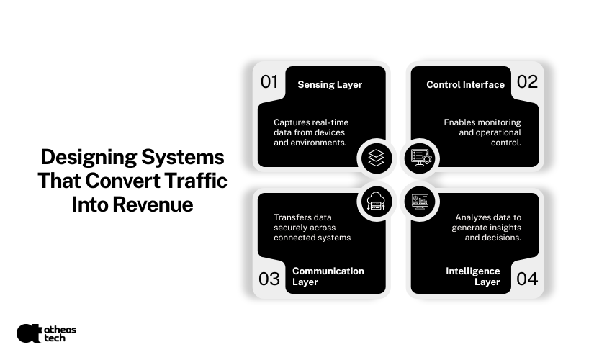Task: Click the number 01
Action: (x=269, y=82)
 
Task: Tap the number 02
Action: (x=527, y=82)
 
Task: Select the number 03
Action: (x=269, y=279)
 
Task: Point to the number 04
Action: (x=527, y=279)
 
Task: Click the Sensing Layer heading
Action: (x=330, y=84)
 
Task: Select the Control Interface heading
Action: (x=465, y=84)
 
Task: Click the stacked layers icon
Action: (x=374, y=157)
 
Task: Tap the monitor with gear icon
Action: (x=419, y=157)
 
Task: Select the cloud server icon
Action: (x=374, y=202)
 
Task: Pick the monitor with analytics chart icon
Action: (x=419, y=202)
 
